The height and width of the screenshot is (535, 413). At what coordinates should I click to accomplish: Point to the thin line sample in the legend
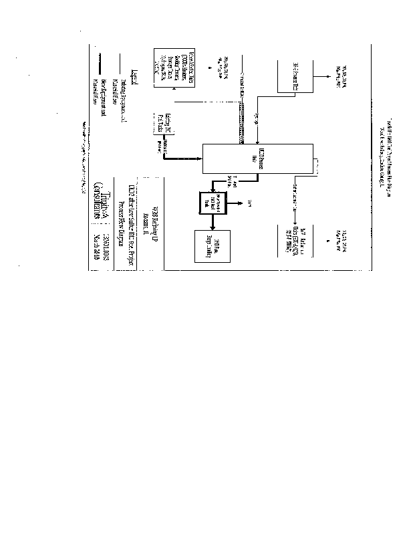pos(121,64)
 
